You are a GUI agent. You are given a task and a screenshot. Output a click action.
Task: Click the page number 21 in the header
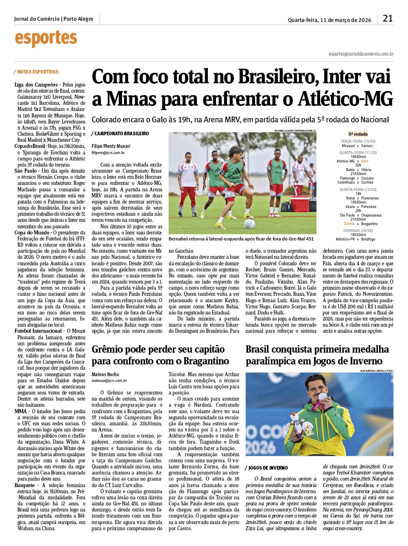[387, 18]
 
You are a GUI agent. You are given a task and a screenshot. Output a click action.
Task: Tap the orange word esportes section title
[46, 38]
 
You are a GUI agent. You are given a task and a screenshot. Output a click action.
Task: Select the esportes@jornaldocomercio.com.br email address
[361, 54]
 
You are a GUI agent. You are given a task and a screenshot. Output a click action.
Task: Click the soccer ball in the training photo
[249, 223]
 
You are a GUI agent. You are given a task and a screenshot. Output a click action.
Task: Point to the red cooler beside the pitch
[300, 203]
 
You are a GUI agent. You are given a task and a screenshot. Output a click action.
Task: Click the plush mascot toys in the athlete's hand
[301, 423]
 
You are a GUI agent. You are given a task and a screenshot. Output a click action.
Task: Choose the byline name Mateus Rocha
[105, 374]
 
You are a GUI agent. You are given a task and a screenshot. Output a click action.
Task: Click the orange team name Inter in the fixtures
[364, 161]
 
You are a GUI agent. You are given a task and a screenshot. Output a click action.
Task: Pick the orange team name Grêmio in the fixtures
[349, 224]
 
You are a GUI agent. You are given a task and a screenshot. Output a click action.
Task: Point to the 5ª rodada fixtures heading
[358, 134]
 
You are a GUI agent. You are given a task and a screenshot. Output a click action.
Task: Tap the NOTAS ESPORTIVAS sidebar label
[38, 72]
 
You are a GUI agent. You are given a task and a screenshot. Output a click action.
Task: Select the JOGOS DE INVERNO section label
[268, 468]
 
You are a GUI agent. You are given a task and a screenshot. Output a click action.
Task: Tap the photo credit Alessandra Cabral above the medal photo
[377, 370]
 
